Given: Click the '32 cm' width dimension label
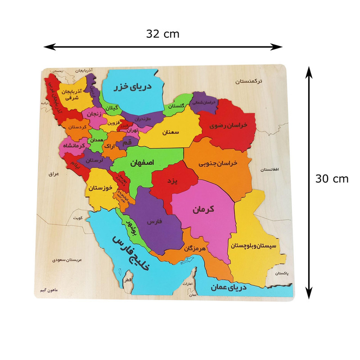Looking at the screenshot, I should (x=162, y=34).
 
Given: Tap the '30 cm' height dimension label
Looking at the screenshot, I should (x=332, y=179).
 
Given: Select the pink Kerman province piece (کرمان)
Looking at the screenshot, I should (x=205, y=209).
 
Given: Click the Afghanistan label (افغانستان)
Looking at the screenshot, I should (x=270, y=170).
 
